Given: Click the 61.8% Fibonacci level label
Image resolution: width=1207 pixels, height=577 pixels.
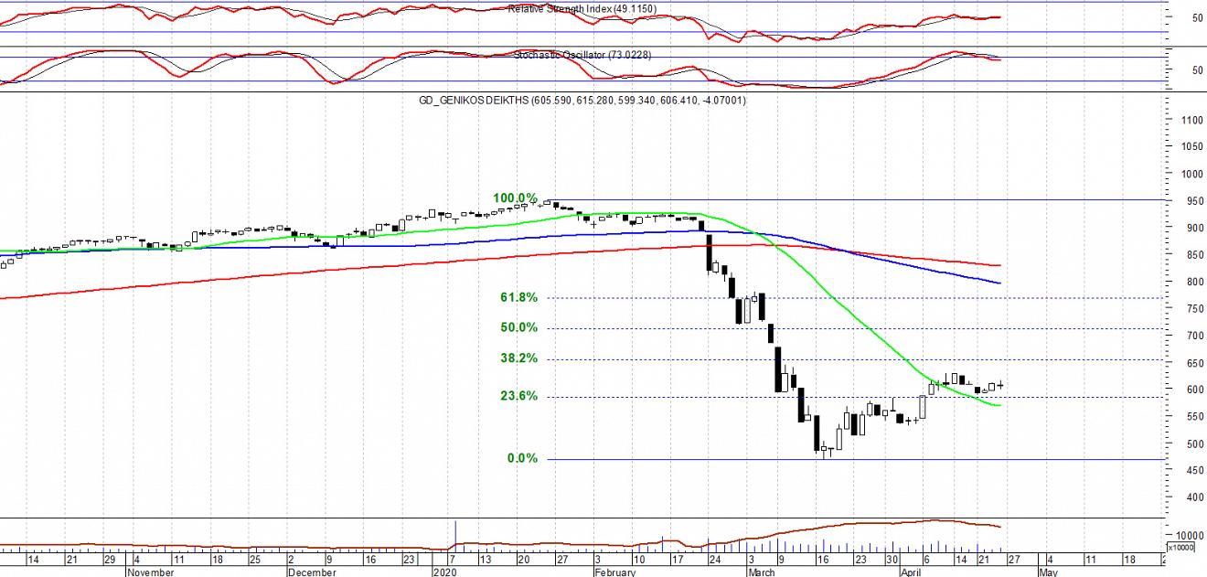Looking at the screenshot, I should tap(518, 298).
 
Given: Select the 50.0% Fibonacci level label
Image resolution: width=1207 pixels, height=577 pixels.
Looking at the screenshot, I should tap(518, 328).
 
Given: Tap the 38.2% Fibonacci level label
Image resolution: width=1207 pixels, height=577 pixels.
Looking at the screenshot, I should tap(518, 358).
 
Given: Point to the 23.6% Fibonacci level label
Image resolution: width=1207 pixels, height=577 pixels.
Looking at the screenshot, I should tap(518, 397).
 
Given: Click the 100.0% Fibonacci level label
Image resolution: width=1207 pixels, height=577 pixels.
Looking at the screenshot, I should tap(516, 198).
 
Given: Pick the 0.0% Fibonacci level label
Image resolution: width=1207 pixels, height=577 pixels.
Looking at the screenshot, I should tap(522, 459).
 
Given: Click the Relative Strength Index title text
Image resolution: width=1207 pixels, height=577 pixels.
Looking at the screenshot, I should tap(582, 9).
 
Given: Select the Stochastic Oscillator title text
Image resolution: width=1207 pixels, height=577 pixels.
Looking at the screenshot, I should tap(582, 55).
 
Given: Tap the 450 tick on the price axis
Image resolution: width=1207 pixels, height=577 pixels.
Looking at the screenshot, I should tap(1186, 471).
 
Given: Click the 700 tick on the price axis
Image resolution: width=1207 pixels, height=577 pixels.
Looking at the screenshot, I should tap(1186, 337).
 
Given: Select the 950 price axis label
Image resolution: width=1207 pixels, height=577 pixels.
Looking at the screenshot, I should tap(1186, 201).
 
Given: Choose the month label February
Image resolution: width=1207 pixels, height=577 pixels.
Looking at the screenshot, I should tap(614, 572).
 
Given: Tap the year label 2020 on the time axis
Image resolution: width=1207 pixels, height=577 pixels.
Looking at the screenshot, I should tap(443, 572).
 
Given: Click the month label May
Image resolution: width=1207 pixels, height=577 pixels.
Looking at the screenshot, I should tap(1048, 572).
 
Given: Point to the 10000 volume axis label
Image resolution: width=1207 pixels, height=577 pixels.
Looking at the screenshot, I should tap(1187, 536).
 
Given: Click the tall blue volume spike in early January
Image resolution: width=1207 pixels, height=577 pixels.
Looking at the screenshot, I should tap(455, 535).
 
